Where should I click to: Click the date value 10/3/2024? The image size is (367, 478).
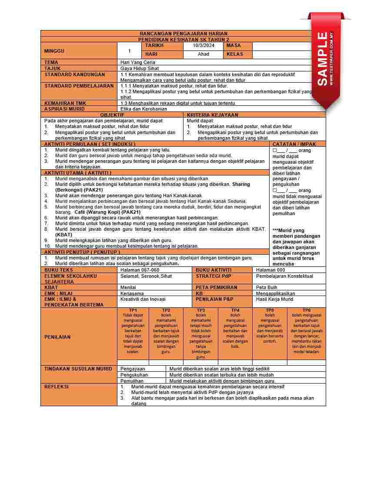pyautogui.click(x=204, y=46)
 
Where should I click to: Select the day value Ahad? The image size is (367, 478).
pyautogui.click(x=204, y=54)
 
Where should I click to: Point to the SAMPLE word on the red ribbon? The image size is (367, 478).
pyautogui.click(x=323, y=59)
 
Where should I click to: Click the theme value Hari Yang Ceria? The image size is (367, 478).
pyautogui.click(x=138, y=63)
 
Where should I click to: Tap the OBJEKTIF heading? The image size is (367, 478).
pyautogui.click(x=112, y=115)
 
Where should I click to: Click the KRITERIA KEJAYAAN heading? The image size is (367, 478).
pyautogui.click(x=213, y=115)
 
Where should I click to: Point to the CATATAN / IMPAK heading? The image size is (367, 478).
pyautogui.click(x=294, y=144)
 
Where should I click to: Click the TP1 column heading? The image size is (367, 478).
pyautogui.click(x=133, y=310)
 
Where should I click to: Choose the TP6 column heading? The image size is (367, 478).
pyautogui.click(x=307, y=310)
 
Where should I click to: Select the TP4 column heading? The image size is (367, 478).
pyautogui.click(x=235, y=310)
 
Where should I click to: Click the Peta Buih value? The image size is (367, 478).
pyautogui.click(x=267, y=288)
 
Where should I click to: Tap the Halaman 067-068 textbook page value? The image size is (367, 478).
pyautogui.click(x=140, y=270)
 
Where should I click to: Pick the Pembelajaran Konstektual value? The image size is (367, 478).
pyautogui.click(x=284, y=276)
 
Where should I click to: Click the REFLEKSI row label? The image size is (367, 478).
pyautogui.click(x=57, y=387)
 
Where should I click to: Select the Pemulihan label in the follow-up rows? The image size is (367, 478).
pyautogui.click(x=132, y=381)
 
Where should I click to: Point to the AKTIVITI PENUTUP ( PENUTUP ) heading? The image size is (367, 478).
pyautogui.click(x=82, y=252)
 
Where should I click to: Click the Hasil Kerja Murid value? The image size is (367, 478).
pyautogui.click(x=275, y=300)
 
